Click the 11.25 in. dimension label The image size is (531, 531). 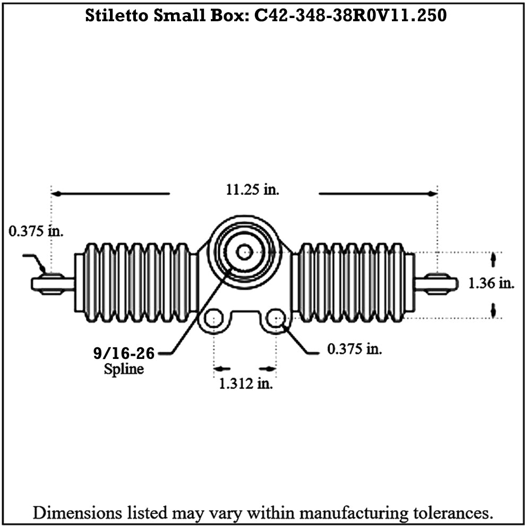click(x=253, y=190)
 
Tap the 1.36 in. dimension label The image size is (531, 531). click(x=491, y=283)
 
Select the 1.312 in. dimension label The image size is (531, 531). click(x=246, y=384)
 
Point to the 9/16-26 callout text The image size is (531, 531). click(x=124, y=353)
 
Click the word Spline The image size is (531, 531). click(x=124, y=369)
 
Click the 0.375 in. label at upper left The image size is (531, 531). click(x=36, y=232)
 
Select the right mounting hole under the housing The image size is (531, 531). click(x=276, y=318)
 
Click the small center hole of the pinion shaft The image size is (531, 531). click(x=244, y=252)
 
